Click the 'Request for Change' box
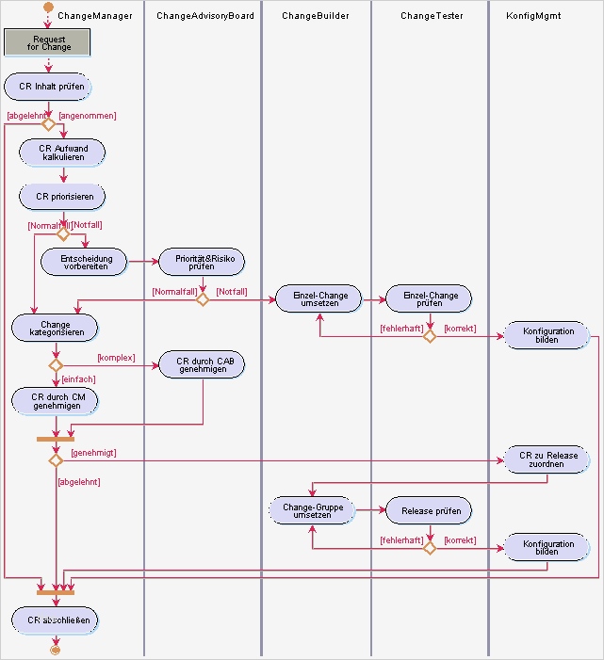[47, 42]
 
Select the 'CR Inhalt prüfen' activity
[51, 87]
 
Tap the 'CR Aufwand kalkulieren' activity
[63, 153]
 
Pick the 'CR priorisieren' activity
[63, 197]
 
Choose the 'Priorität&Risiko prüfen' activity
[202, 262]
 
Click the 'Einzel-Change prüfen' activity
[429, 299]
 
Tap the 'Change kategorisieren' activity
[55, 329]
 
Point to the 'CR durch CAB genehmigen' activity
[204, 363]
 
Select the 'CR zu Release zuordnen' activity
[547, 459]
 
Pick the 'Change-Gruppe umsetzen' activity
[312, 510]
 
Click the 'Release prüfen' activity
[429, 510]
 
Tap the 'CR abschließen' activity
[55, 620]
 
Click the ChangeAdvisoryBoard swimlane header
[204, 16]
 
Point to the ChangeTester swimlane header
[430, 16]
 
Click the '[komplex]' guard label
[115, 358]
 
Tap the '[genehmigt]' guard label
[93, 453]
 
